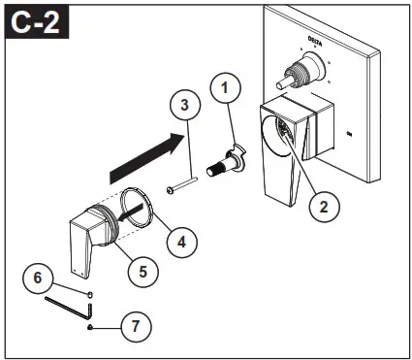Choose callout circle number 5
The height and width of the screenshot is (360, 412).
(x=143, y=273)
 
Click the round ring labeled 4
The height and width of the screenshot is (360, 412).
(x=140, y=208)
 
